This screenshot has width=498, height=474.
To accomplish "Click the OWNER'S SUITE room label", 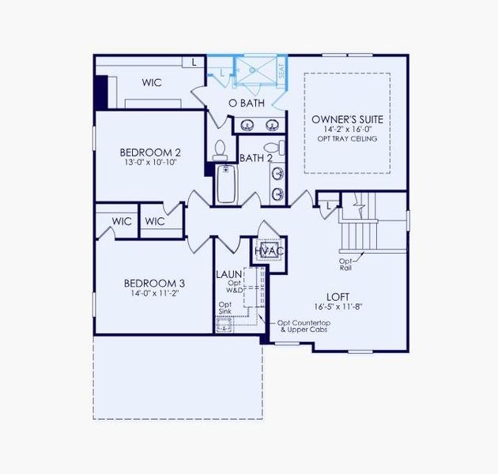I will coord(347,119).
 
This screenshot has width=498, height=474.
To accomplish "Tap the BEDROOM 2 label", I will coord(151,152).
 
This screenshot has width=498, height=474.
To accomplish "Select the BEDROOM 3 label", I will coord(154,283).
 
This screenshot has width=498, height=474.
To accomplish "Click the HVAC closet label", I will coord(269,251).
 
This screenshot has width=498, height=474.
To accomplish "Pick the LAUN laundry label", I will coord(229,274).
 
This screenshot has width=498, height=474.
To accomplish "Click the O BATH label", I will coord(246,103).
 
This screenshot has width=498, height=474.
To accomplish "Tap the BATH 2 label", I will coord(256,158).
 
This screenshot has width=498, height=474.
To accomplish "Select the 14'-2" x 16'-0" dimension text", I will coord(347,130).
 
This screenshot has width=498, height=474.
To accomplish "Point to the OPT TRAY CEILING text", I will coord(347,139).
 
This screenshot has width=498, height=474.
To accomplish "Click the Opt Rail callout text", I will coord(345,264).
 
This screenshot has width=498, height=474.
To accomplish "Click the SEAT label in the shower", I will coord(281,70).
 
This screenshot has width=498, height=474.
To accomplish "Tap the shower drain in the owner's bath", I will coord(252,70).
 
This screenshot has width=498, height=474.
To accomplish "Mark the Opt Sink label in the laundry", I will coord(225,308).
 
